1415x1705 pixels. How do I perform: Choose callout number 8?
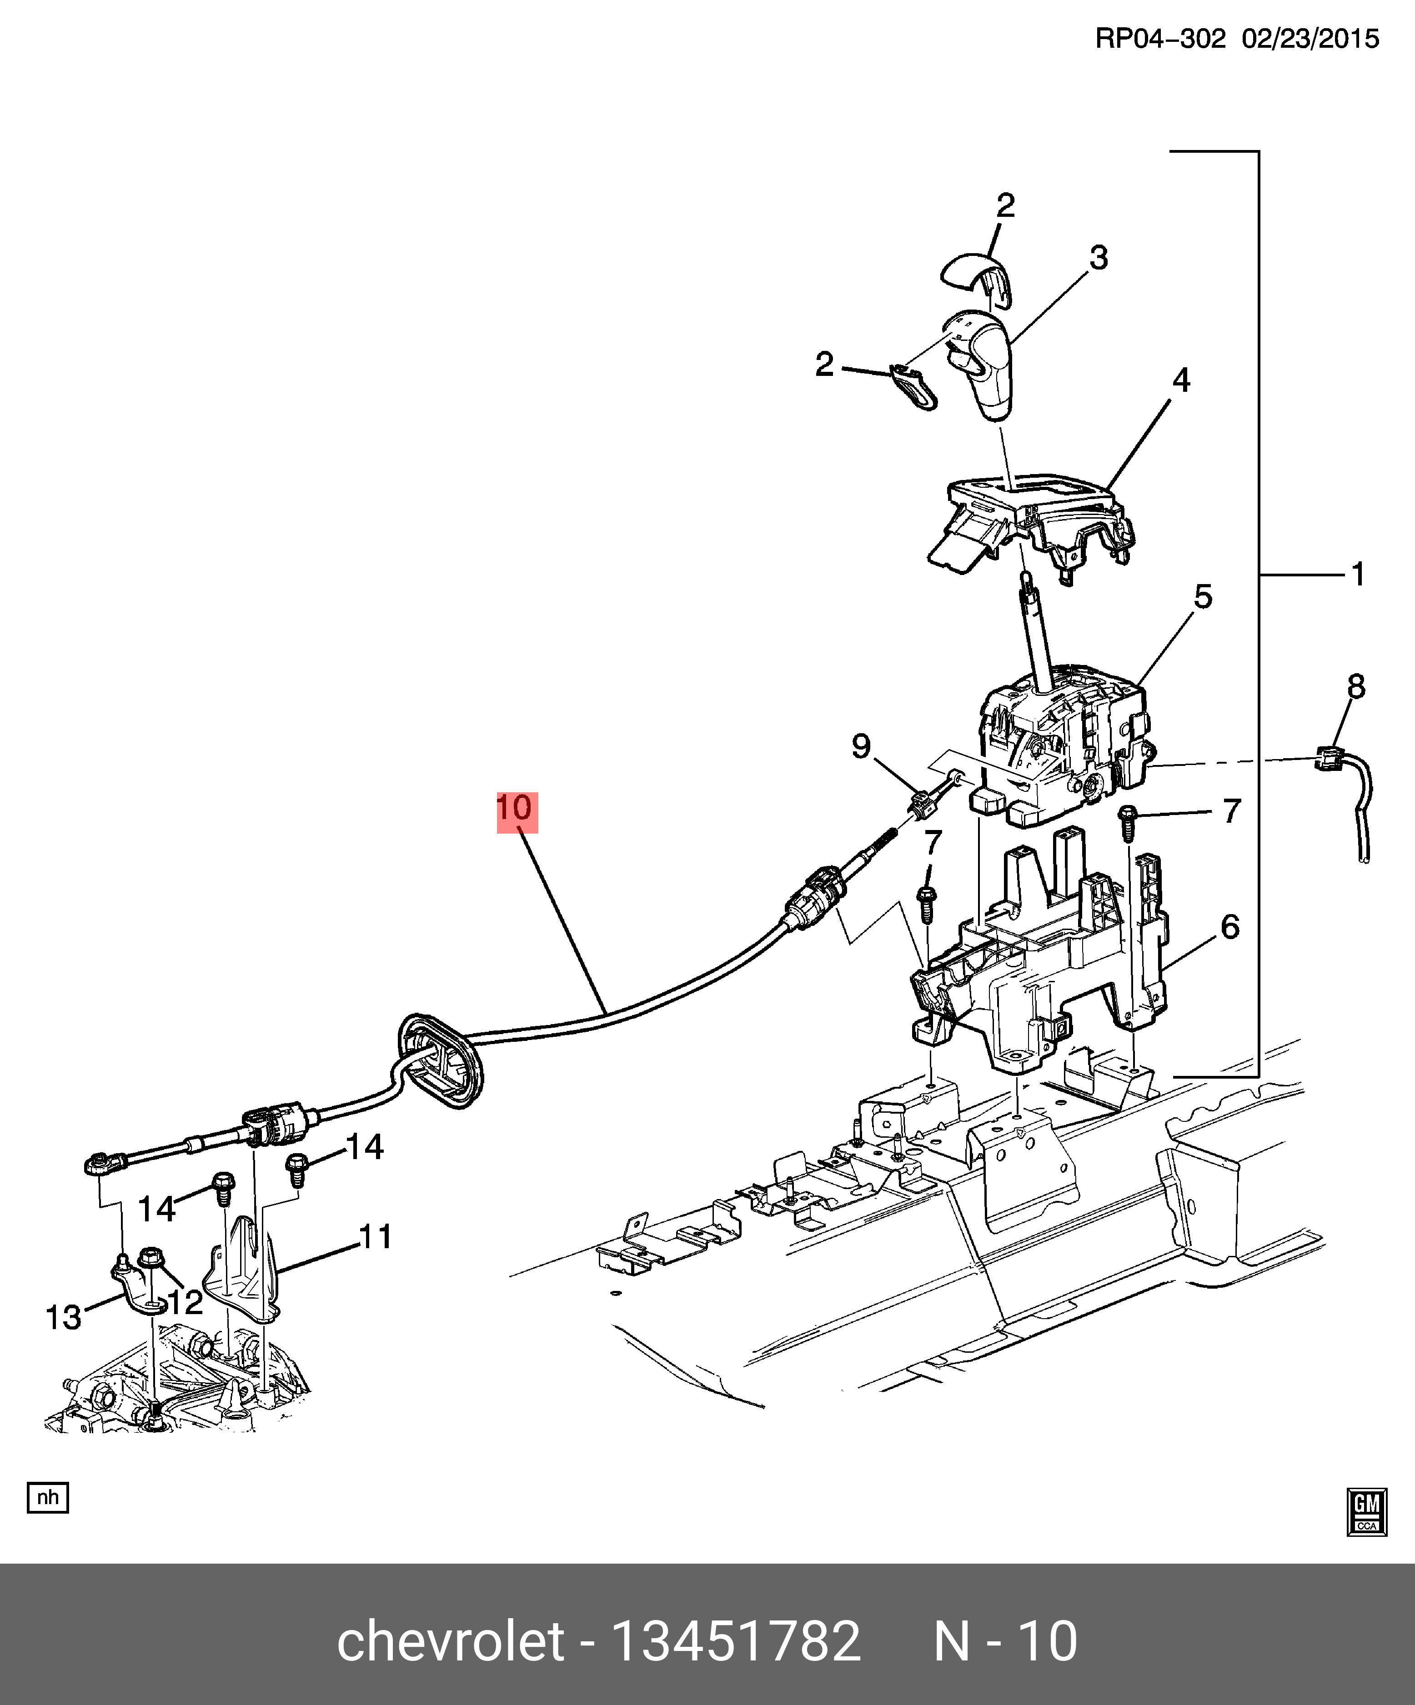coord(1356,687)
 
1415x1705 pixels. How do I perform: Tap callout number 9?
coord(861,745)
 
